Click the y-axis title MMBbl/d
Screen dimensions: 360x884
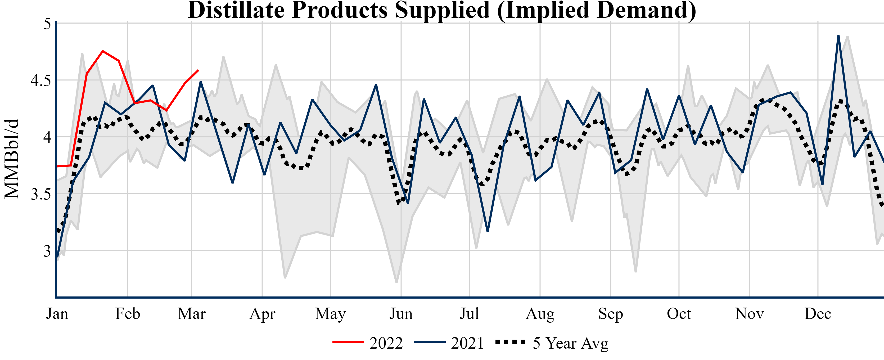(x=12, y=159)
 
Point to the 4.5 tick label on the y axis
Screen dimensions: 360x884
(x=41, y=81)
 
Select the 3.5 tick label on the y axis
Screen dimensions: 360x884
(x=41, y=194)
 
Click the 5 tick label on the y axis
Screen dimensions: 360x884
(x=47, y=24)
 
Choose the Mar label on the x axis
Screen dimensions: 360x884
(x=191, y=314)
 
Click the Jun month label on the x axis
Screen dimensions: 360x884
(x=401, y=314)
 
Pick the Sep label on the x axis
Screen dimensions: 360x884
(x=611, y=314)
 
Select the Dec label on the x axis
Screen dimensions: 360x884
(x=818, y=314)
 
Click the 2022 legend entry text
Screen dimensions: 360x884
(x=386, y=343)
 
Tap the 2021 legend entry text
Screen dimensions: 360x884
(x=467, y=343)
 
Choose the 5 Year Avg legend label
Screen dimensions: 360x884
(x=570, y=343)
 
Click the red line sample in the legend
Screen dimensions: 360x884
(x=348, y=342)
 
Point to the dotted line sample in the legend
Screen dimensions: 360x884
(x=510, y=342)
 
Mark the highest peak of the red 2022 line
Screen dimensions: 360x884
(x=103, y=51)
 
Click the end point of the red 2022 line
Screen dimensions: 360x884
(x=198, y=70)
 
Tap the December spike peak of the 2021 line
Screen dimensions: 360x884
(x=838, y=36)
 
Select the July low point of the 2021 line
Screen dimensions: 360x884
(x=488, y=231)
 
